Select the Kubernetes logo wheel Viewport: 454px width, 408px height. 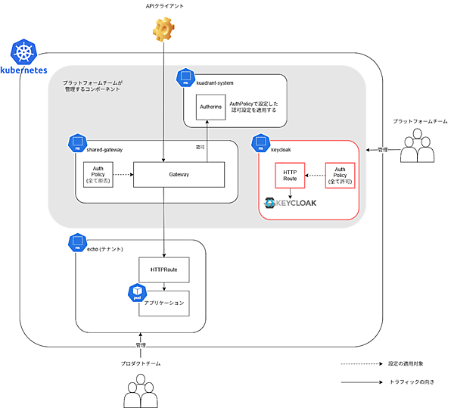click(23, 52)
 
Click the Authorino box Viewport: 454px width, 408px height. click(210, 107)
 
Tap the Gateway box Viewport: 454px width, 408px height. click(179, 174)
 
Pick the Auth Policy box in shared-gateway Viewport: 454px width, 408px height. click(98, 174)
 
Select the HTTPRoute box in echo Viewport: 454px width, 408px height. click(164, 270)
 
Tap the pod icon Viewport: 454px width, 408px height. click(137, 292)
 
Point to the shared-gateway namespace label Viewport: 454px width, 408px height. click(104, 150)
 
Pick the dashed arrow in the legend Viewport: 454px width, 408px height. click(359, 363)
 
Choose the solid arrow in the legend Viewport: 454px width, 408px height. click(359, 382)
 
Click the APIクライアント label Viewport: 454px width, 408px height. click(164, 6)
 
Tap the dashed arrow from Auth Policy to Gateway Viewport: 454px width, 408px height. click(123, 174)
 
